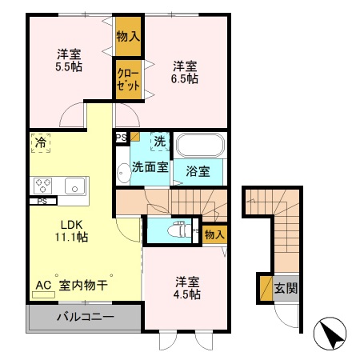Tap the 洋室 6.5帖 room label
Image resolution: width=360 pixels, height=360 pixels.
186,72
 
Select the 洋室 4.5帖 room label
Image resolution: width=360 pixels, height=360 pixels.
189,287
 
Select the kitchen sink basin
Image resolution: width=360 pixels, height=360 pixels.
74,186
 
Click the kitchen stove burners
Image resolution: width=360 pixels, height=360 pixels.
42,186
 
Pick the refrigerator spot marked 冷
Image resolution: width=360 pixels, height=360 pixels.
40,144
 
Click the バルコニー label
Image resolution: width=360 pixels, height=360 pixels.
84,317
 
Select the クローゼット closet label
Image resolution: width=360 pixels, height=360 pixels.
128,80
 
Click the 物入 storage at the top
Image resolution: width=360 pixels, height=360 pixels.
128,36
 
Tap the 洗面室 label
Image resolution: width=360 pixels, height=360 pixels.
150,167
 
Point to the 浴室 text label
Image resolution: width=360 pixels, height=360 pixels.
198,170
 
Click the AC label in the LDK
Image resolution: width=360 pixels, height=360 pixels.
43,284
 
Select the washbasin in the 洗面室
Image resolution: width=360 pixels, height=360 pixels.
122,170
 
